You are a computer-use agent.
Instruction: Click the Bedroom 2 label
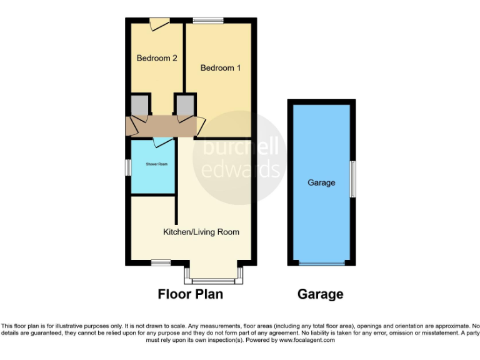157,58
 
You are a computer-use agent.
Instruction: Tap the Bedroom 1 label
221,67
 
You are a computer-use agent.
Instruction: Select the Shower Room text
157,164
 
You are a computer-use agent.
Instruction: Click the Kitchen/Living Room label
201,232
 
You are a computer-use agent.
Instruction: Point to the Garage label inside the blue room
321,182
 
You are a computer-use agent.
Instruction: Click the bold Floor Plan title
190,294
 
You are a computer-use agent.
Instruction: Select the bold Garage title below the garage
320,294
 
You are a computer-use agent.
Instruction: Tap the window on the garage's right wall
352,179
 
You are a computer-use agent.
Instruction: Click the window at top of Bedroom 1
207,21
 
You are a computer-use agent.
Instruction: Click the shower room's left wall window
127,166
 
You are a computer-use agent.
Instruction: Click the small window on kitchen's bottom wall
161,263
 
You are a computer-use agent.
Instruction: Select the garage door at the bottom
321,264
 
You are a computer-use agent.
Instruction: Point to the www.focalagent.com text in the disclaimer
306,340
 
